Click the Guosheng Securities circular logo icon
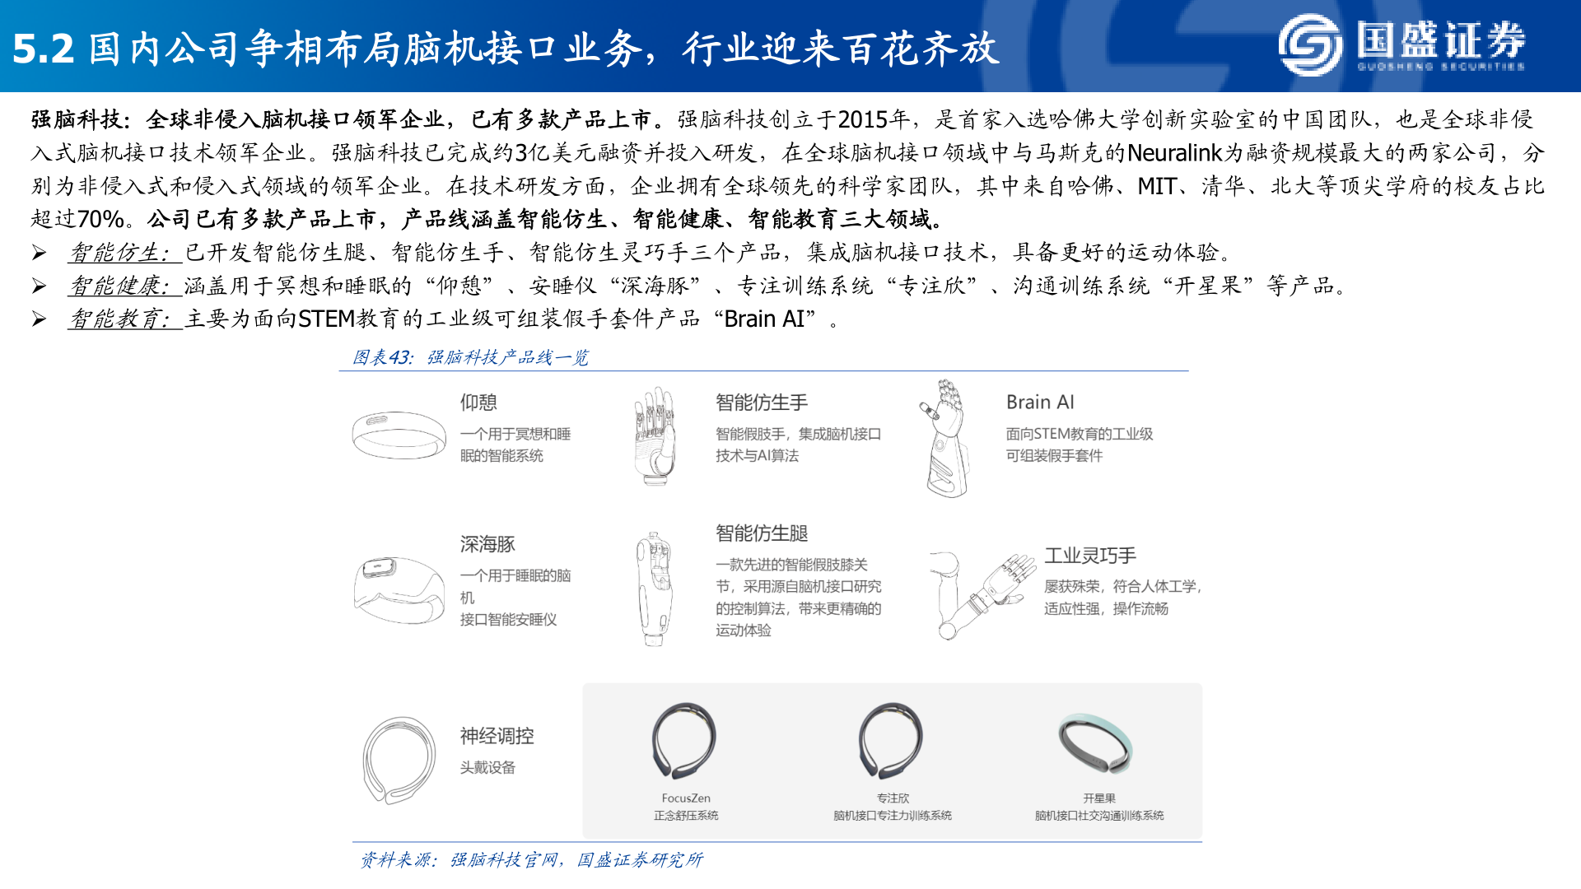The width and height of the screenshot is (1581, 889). click(1310, 44)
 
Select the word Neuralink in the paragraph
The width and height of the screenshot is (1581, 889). click(1174, 153)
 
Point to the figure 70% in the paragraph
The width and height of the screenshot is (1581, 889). click(100, 220)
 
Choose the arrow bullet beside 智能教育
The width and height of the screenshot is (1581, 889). click(39, 319)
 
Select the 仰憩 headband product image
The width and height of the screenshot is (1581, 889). click(399, 434)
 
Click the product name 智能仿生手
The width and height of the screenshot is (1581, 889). click(762, 403)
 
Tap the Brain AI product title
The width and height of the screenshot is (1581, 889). click(1040, 403)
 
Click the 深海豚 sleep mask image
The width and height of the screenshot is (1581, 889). click(399, 589)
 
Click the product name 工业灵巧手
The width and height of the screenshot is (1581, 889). click(1090, 556)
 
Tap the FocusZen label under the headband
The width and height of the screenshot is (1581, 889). click(686, 798)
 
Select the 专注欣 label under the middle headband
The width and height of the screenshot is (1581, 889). click(893, 798)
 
